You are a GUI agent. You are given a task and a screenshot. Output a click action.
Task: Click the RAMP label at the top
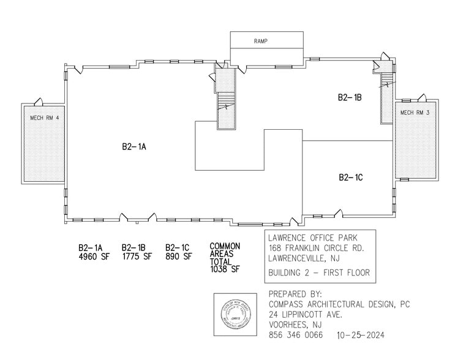tap(261, 42)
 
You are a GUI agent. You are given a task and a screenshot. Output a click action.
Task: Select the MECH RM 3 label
tap(415, 113)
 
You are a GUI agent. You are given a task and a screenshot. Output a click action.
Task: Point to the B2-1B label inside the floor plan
tap(351, 97)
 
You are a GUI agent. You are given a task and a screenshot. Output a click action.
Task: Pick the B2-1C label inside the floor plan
tap(351, 178)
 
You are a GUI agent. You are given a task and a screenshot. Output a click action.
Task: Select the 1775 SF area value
tap(137, 257)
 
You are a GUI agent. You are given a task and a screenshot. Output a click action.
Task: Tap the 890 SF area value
tap(178, 257)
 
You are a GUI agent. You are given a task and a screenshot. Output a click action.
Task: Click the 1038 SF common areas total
tap(225, 269)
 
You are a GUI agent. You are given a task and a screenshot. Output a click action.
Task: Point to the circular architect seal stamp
tap(235, 315)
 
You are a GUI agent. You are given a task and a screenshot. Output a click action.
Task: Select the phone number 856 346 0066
tap(295, 336)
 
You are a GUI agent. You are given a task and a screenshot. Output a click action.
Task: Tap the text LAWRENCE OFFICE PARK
tap(313, 238)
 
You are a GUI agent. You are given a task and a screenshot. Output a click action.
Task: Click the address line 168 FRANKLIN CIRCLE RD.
tap(316, 248)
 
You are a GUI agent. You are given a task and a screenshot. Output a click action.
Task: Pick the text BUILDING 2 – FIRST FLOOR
tap(319, 272)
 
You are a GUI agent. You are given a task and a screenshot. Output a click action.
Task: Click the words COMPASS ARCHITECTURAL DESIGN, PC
tap(339, 304)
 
